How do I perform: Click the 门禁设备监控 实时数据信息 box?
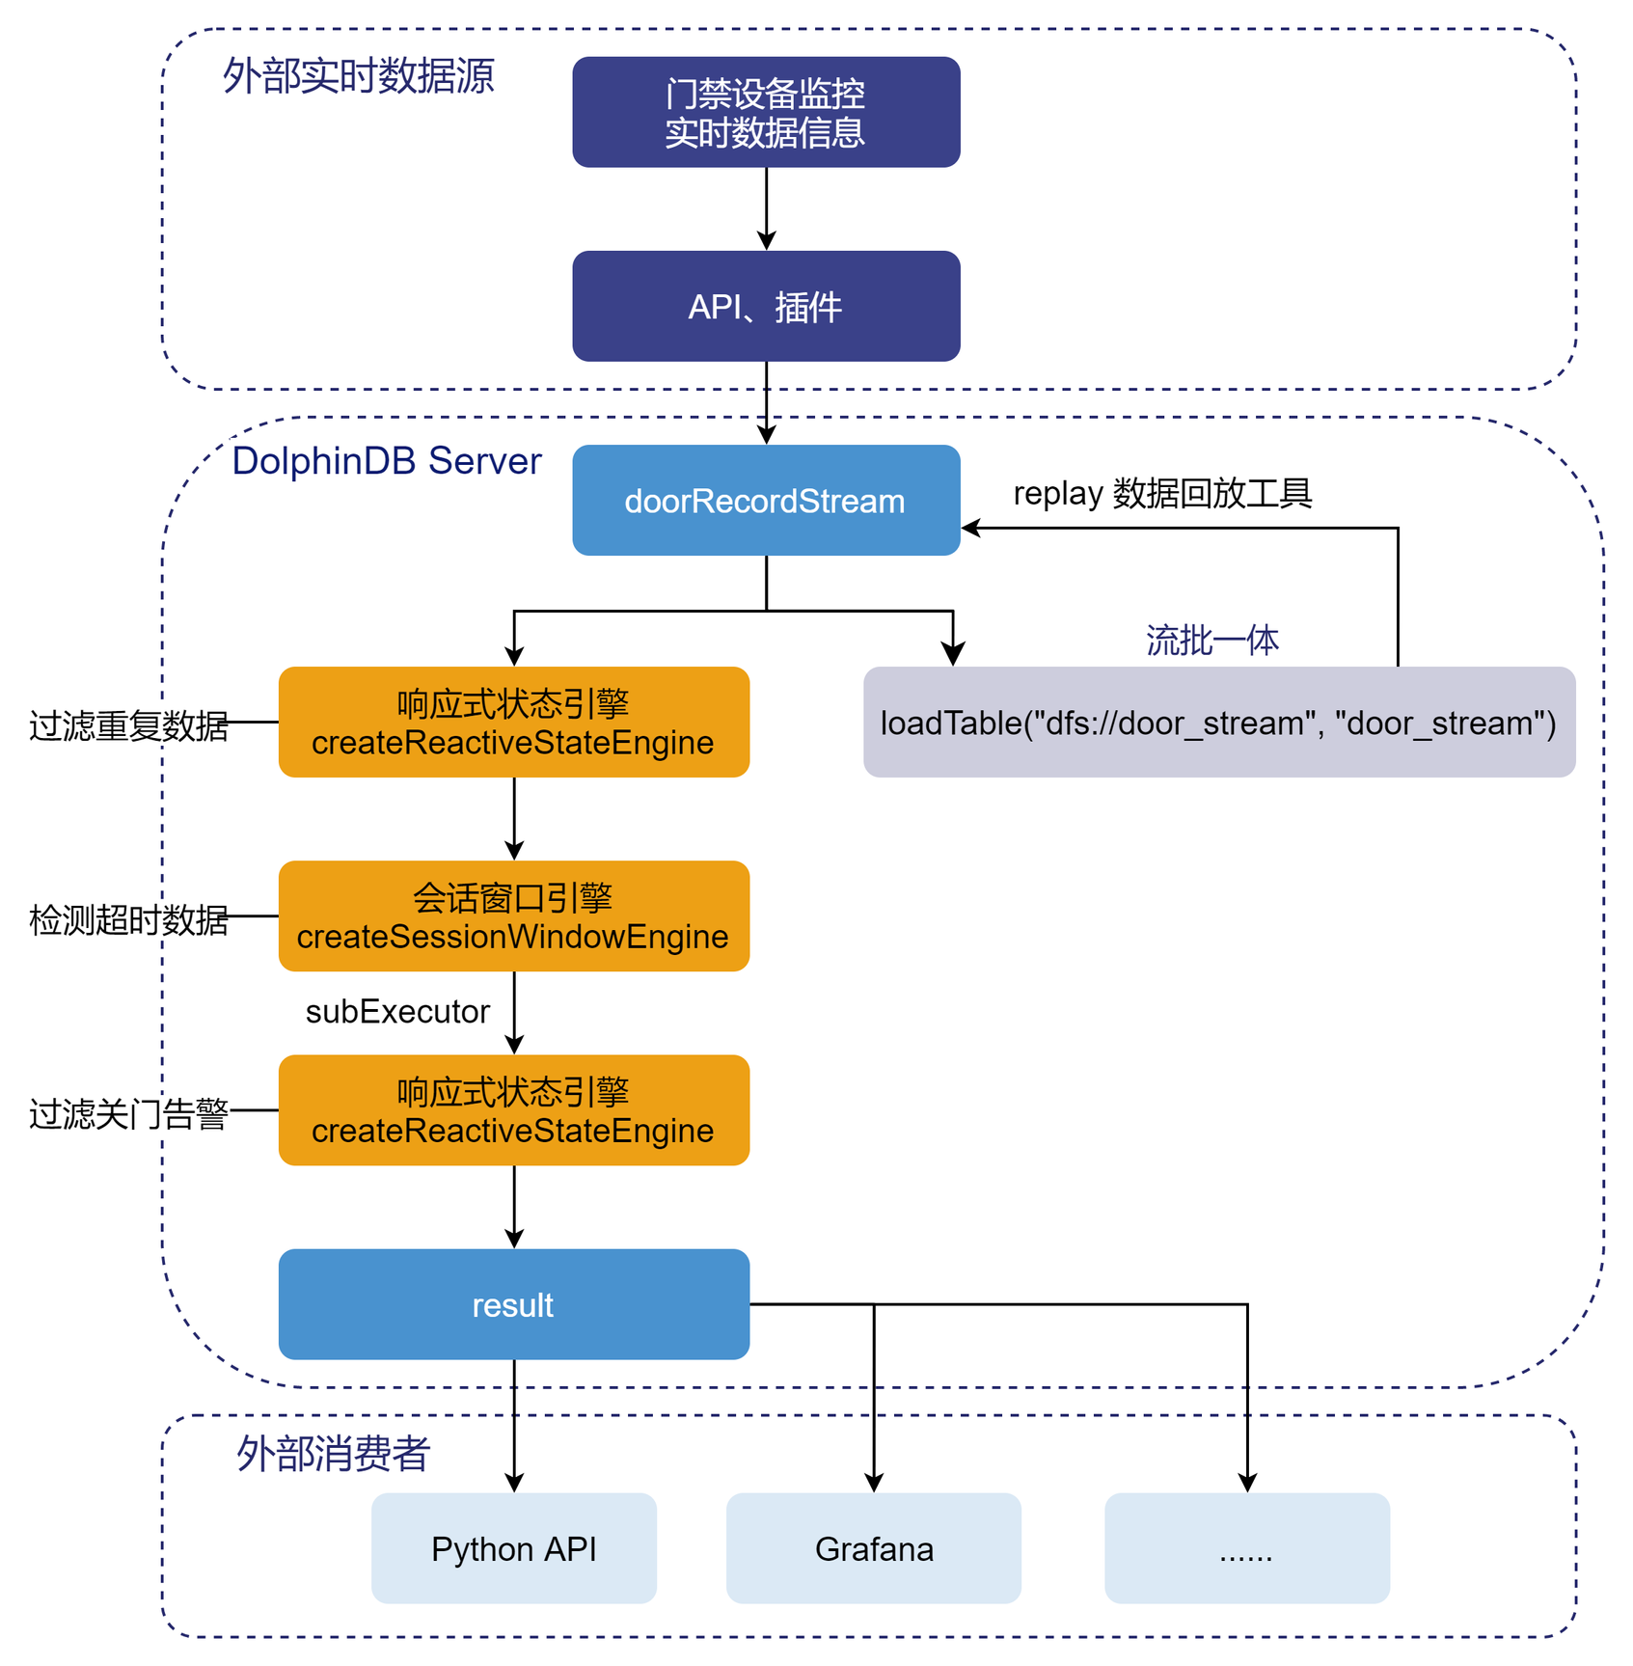[x=766, y=112]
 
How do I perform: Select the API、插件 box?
[x=766, y=307]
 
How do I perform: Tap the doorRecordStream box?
[x=766, y=500]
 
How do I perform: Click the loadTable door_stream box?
[x=1218, y=723]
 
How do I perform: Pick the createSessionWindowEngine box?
[x=513, y=916]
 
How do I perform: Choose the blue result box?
[x=513, y=1304]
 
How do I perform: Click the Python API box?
[x=513, y=1548]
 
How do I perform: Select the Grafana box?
[x=873, y=1548]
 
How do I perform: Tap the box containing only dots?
[x=1246, y=1548]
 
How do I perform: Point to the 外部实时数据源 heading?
[x=359, y=76]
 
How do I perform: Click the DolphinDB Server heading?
[x=387, y=461]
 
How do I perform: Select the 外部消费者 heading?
[x=334, y=1453]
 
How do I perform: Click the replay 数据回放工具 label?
[x=1162, y=493]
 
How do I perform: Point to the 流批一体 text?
[x=1212, y=640]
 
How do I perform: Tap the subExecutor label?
[x=397, y=1011]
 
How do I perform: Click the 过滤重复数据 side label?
[x=128, y=725]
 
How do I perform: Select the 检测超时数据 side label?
[x=128, y=920]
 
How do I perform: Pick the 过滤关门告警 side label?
[x=128, y=1114]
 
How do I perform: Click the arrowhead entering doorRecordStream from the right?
[x=970, y=528]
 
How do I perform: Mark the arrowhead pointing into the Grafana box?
[x=874, y=1484]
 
